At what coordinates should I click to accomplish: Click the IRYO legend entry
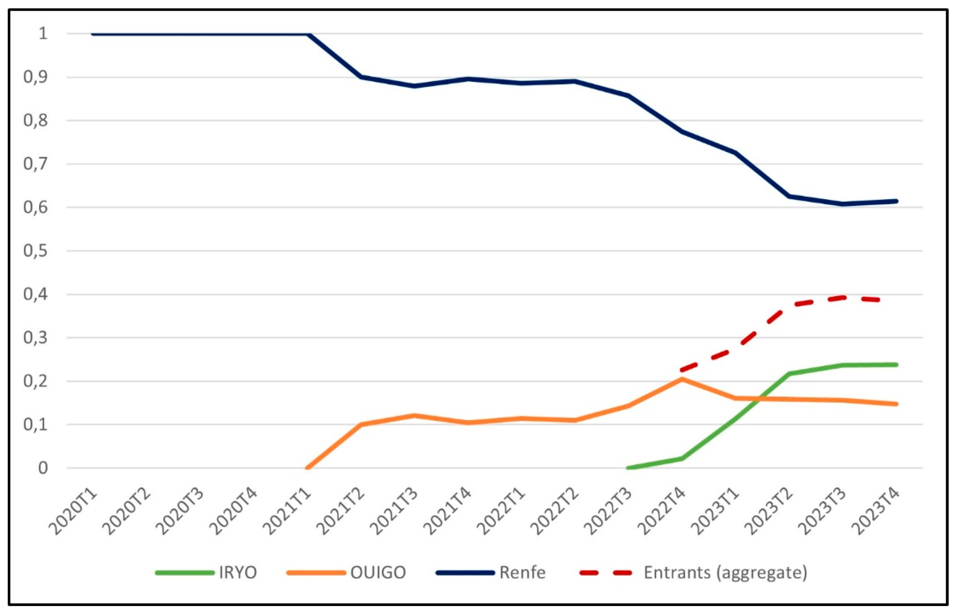tap(237, 573)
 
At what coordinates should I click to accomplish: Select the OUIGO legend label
tap(378, 573)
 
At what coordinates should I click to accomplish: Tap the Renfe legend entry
tap(522, 573)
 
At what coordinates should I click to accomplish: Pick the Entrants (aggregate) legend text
tap(725, 573)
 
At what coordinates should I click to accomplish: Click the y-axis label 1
tap(43, 33)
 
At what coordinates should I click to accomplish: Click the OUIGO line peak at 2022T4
tap(682, 378)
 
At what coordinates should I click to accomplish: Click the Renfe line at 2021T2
tap(361, 77)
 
